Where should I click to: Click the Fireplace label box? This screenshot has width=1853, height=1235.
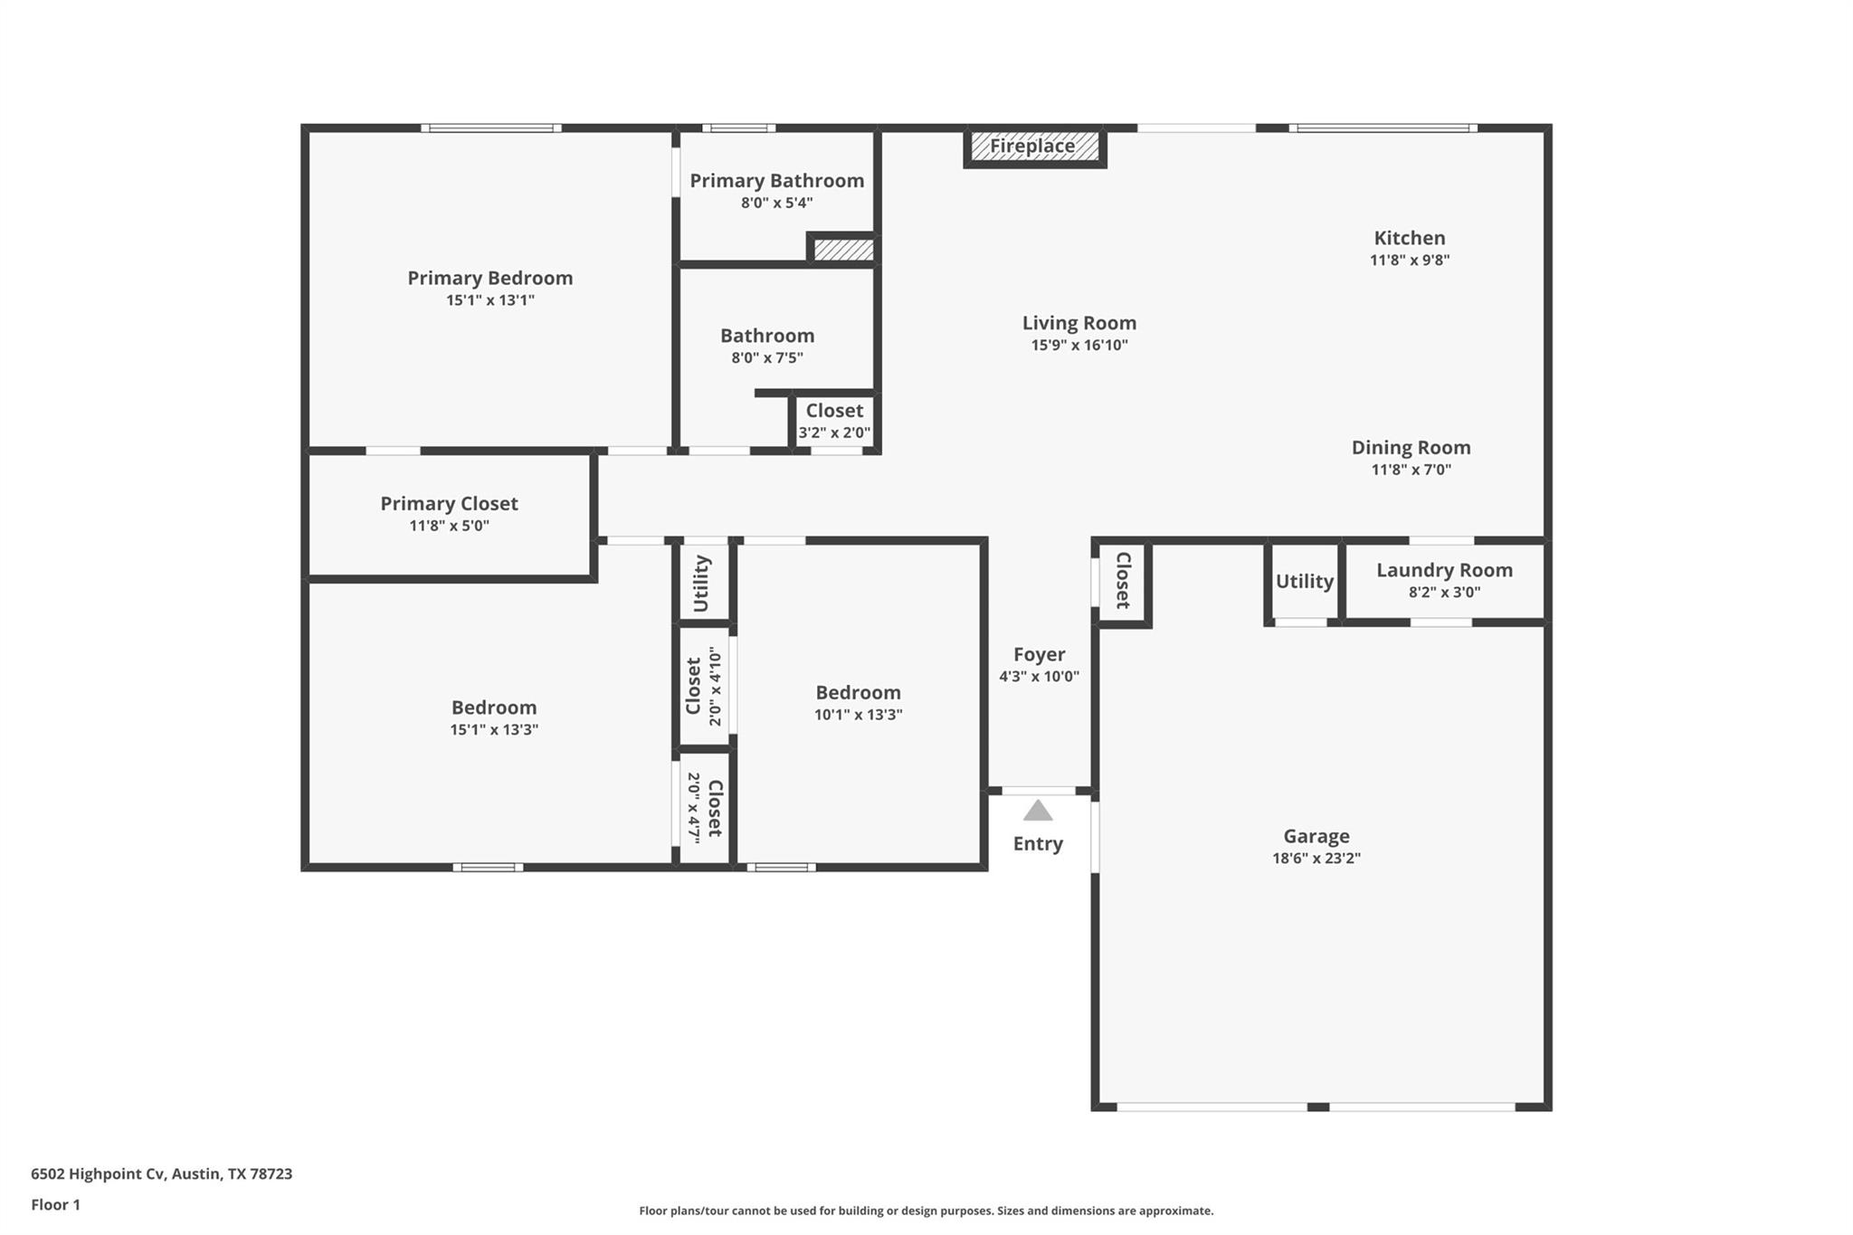(1034, 147)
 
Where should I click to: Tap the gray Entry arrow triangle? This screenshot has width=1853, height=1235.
(1038, 811)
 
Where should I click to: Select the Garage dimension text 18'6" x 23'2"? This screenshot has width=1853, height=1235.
(1316, 859)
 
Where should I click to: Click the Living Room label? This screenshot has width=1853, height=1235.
(1079, 323)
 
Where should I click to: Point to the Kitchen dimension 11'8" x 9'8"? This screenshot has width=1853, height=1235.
(1410, 261)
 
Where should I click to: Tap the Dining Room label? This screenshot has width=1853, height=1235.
(1411, 448)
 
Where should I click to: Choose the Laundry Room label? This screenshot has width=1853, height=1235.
(1444, 571)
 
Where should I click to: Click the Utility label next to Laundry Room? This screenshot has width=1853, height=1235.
(1304, 582)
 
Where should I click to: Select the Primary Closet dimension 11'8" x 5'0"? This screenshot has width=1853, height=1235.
(449, 526)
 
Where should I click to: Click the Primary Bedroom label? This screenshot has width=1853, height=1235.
(489, 279)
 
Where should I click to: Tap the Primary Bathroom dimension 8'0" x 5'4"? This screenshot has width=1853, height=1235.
(776, 203)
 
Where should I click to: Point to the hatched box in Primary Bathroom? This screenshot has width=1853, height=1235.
(843, 250)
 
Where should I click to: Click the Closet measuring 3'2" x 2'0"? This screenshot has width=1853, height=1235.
(834, 421)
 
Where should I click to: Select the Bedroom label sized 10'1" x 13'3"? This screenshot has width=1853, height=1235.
(858, 693)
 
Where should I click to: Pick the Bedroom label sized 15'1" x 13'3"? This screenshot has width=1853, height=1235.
(494, 708)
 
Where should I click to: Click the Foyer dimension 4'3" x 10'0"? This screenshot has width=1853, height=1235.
(1039, 677)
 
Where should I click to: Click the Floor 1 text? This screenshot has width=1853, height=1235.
(56, 1205)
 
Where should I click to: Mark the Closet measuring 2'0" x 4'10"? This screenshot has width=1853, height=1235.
(704, 686)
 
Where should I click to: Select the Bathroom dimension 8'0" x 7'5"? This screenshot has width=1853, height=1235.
(767, 357)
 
